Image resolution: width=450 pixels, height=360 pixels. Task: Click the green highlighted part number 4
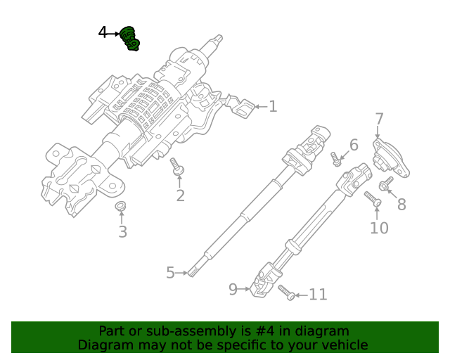(x=130, y=39)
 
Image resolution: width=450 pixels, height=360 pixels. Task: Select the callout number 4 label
(x=103, y=33)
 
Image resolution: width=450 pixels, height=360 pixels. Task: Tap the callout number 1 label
(x=273, y=107)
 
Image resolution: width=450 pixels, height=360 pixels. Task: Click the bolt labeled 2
(x=176, y=167)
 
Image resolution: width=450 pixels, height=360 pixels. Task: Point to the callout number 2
(x=180, y=195)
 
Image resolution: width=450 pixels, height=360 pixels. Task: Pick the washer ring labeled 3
(x=121, y=206)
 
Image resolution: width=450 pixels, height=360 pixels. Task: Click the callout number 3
(x=122, y=232)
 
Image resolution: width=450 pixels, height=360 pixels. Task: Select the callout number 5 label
(x=170, y=272)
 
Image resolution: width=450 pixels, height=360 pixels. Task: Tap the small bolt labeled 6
(x=337, y=160)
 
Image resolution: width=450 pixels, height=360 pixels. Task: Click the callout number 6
(x=354, y=146)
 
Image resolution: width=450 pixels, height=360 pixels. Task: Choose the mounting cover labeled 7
(x=390, y=158)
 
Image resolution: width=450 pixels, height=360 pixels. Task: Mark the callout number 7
(x=379, y=120)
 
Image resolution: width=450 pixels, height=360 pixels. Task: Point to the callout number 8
(x=401, y=205)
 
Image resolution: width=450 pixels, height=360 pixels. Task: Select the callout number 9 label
(x=233, y=288)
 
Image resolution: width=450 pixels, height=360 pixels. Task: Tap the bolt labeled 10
(x=373, y=201)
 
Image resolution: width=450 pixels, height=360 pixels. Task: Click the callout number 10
(x=378, y=228)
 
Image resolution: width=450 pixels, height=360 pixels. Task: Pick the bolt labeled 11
(x=285, y=292)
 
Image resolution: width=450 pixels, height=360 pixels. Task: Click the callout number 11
(x=318, y=295)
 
